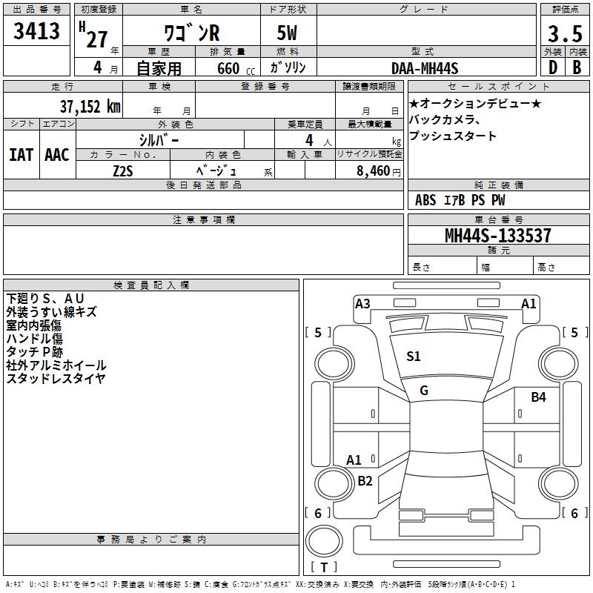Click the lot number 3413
pyautogui.click(x=36, y=30)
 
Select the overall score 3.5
pyautogui.click(x=565, y=33)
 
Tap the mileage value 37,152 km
pyautogui.click(x=90, y=107)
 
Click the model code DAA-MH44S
pyautogui.click(x=425, y=68)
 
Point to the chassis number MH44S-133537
pyautogui.click(x=497, y=235)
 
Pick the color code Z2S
pyautogui.click(x=123, y=171)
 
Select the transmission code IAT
pyautogui.click(x=21, y=155)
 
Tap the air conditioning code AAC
pyautogui.click(x=57, y=155)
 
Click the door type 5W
pyautogui.click(x=287, y=33)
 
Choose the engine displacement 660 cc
pyautogui.click(x=236, y=69)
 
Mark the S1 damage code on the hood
pyautogui.click(x=414, y=357)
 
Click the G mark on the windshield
pyautogui.click(x=424, y=391)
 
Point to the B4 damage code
pyautogui.click(x=539, y=397)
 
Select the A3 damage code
pyautogui.click(x=362, y=304)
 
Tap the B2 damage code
pyautogui.click(x=365, y=480)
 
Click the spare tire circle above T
pyautogui.click(x=324, y=540)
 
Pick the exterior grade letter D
pyautogui.click(x=553, y=67)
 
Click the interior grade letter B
pyautogui.click(x=577, y=67)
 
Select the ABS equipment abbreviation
pyautogui.click(x=425, y=200)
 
